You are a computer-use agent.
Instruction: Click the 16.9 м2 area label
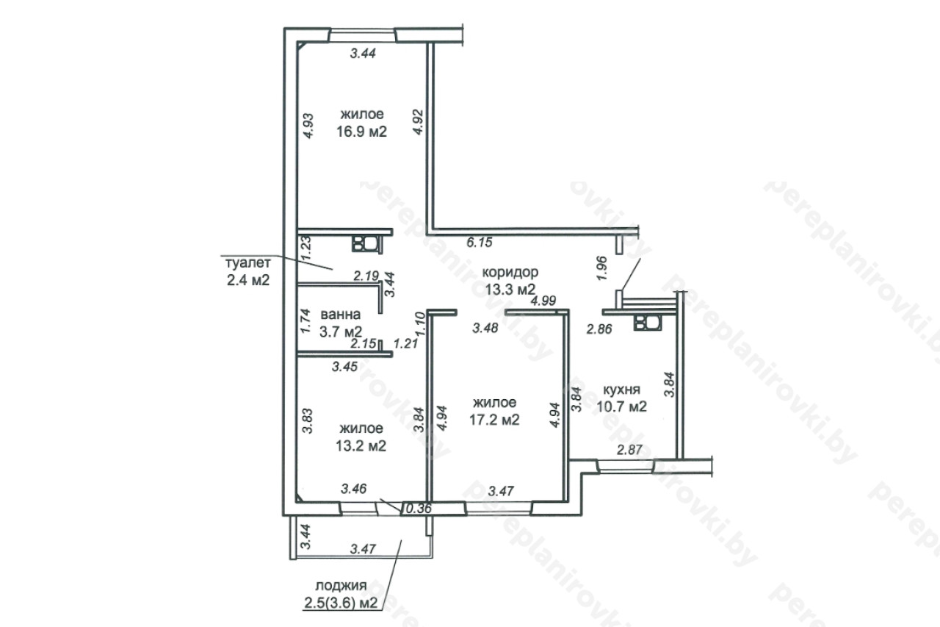coord(361,132)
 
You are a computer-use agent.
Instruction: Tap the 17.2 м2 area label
coord(494,420)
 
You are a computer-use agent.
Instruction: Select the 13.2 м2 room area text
coord(361,445)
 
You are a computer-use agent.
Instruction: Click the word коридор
coord(510,273)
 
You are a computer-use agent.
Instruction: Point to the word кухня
coord(621,390)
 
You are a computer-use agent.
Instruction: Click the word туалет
coord(248,263)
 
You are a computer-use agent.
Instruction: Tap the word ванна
coord(340,315)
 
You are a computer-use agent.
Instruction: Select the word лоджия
coord(341,586)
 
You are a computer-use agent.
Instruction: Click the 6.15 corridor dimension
coord(480,243)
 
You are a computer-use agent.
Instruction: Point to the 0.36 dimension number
coord(419,509)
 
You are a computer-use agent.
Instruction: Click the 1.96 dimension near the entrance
coord(601,268)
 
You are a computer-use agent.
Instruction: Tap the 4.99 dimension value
coord(543,301)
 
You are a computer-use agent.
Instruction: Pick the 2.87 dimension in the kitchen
coord(629,450)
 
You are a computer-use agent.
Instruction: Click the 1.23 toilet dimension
coord(307,249)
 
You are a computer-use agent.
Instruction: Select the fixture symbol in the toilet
coord(367,244)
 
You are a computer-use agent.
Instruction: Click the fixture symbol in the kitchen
coord(648,323)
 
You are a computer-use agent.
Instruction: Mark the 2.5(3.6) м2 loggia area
coord(341,603)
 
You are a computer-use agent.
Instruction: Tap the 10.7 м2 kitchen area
coord(621,407)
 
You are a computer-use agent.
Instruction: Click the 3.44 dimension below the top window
coord(363,54)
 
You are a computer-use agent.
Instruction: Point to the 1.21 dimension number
coord(406,343)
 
